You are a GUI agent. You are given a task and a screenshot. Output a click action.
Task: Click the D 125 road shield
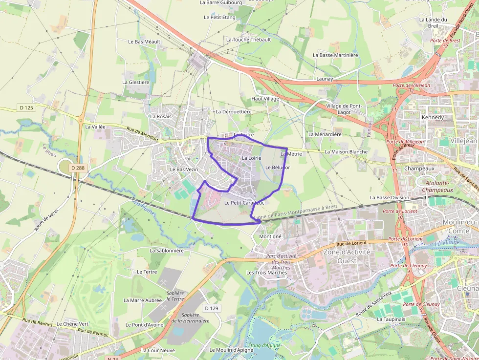27,107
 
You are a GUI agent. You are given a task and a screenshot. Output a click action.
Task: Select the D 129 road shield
212,308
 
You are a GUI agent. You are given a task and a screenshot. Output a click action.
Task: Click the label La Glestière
136,82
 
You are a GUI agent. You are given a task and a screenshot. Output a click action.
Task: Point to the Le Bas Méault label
144,42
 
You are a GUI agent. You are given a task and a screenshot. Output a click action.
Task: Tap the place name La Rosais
161,116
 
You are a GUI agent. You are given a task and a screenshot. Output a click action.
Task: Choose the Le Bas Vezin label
184,169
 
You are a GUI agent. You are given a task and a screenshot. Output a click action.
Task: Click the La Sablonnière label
167,250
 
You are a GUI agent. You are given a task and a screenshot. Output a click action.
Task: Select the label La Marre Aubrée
143,300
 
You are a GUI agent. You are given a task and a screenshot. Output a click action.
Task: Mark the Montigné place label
270,236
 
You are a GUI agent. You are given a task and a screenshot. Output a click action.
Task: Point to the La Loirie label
252,158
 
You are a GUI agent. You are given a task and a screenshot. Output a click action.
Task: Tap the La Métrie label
292,154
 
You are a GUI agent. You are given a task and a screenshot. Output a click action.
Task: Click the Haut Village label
265,99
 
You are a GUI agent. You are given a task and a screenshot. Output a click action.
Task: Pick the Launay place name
325,79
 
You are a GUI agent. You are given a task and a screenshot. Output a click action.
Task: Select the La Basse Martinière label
335,55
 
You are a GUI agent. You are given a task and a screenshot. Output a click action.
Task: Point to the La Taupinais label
391,319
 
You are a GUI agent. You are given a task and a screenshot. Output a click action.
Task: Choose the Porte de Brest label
445,40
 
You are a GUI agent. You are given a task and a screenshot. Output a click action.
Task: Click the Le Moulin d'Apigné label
232,350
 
